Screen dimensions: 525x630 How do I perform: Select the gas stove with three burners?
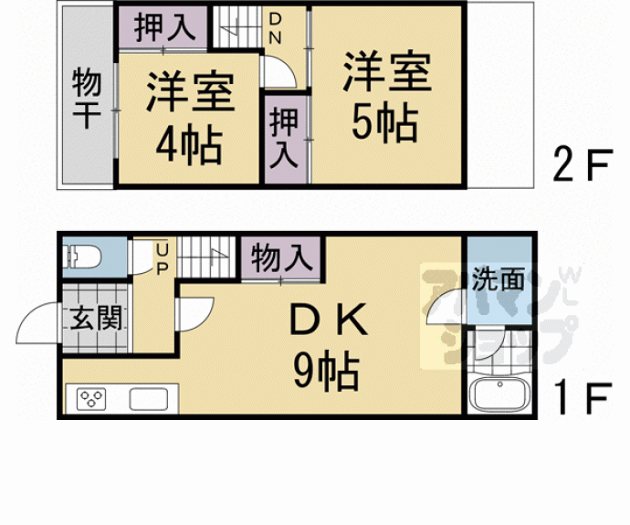coord(93,398)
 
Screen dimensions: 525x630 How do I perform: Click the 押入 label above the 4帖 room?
coord(165,26)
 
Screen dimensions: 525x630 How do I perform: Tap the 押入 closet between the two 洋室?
coord(284,136)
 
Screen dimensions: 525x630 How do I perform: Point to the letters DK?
coord(327,321)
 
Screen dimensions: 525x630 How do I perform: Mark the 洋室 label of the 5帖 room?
coord(387,73)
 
